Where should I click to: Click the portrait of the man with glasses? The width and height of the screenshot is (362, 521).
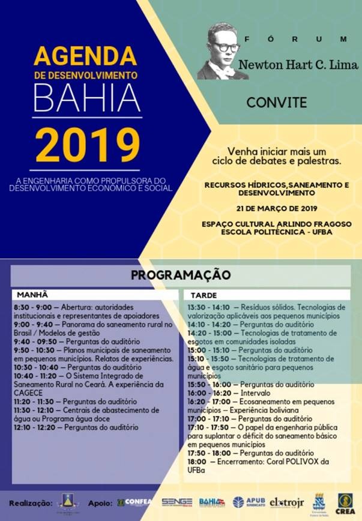(x=223, y=53)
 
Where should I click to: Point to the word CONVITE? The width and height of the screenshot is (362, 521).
(x=277, y=102)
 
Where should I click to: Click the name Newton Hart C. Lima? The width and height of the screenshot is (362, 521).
(x=298, y=64)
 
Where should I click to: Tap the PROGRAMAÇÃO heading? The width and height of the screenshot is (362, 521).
(x=181, y=275)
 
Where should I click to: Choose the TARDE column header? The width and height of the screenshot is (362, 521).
(x=204, y=296)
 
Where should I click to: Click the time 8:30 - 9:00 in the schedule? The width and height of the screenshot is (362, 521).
(x=32, y=307)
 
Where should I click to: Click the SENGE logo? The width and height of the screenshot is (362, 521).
(x=177, y=502)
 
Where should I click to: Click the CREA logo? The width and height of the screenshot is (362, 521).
(x=346, y=502)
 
